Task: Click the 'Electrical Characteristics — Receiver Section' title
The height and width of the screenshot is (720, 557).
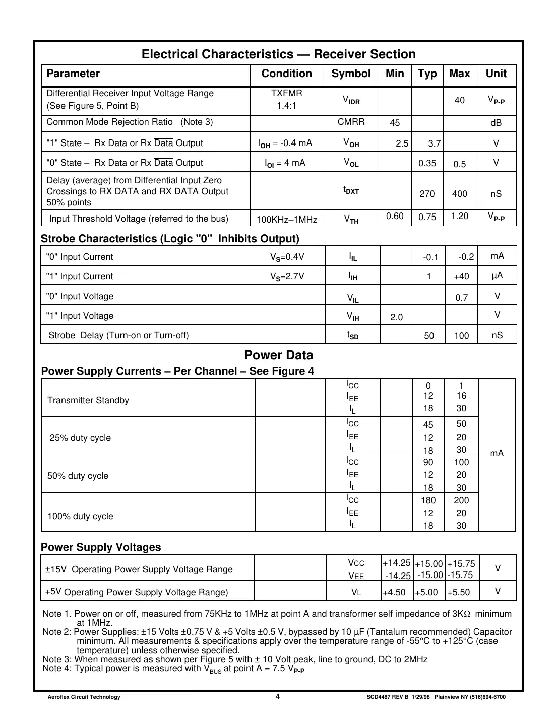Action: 278,54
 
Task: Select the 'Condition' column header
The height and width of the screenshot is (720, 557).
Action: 286,74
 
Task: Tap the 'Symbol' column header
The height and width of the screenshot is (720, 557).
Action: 351,74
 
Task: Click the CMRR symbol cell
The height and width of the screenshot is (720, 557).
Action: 351,122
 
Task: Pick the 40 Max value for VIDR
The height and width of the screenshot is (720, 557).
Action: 459,100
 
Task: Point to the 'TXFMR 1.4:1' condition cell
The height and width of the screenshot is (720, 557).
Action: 286,100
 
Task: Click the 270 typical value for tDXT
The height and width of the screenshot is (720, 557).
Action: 427,194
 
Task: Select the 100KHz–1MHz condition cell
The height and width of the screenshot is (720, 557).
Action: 286,220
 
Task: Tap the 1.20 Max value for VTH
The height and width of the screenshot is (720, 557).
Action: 459,217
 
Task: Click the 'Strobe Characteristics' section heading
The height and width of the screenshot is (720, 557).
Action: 170,239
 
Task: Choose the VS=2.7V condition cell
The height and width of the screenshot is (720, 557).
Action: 287,276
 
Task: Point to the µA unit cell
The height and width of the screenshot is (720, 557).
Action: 497,276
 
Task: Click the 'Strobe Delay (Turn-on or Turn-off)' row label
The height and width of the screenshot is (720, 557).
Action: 118,335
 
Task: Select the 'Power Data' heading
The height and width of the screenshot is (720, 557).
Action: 278,355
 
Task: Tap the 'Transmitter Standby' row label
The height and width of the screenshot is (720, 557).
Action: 88,400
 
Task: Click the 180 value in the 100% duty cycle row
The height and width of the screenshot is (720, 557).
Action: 428,500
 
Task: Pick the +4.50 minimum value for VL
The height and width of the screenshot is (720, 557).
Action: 394,592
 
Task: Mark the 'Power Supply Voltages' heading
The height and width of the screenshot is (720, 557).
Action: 101,547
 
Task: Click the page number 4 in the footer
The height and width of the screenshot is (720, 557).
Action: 278,697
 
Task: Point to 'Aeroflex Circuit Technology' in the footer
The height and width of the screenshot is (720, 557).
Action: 84,697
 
